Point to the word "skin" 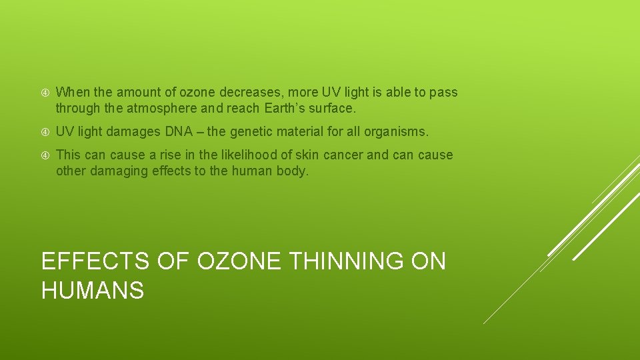coord(307,155)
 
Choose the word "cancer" coord(343,155)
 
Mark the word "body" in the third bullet coord(295,171)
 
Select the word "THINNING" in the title coord(347,261)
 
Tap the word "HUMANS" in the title coord(93,290)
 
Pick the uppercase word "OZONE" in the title coord(239,261)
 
